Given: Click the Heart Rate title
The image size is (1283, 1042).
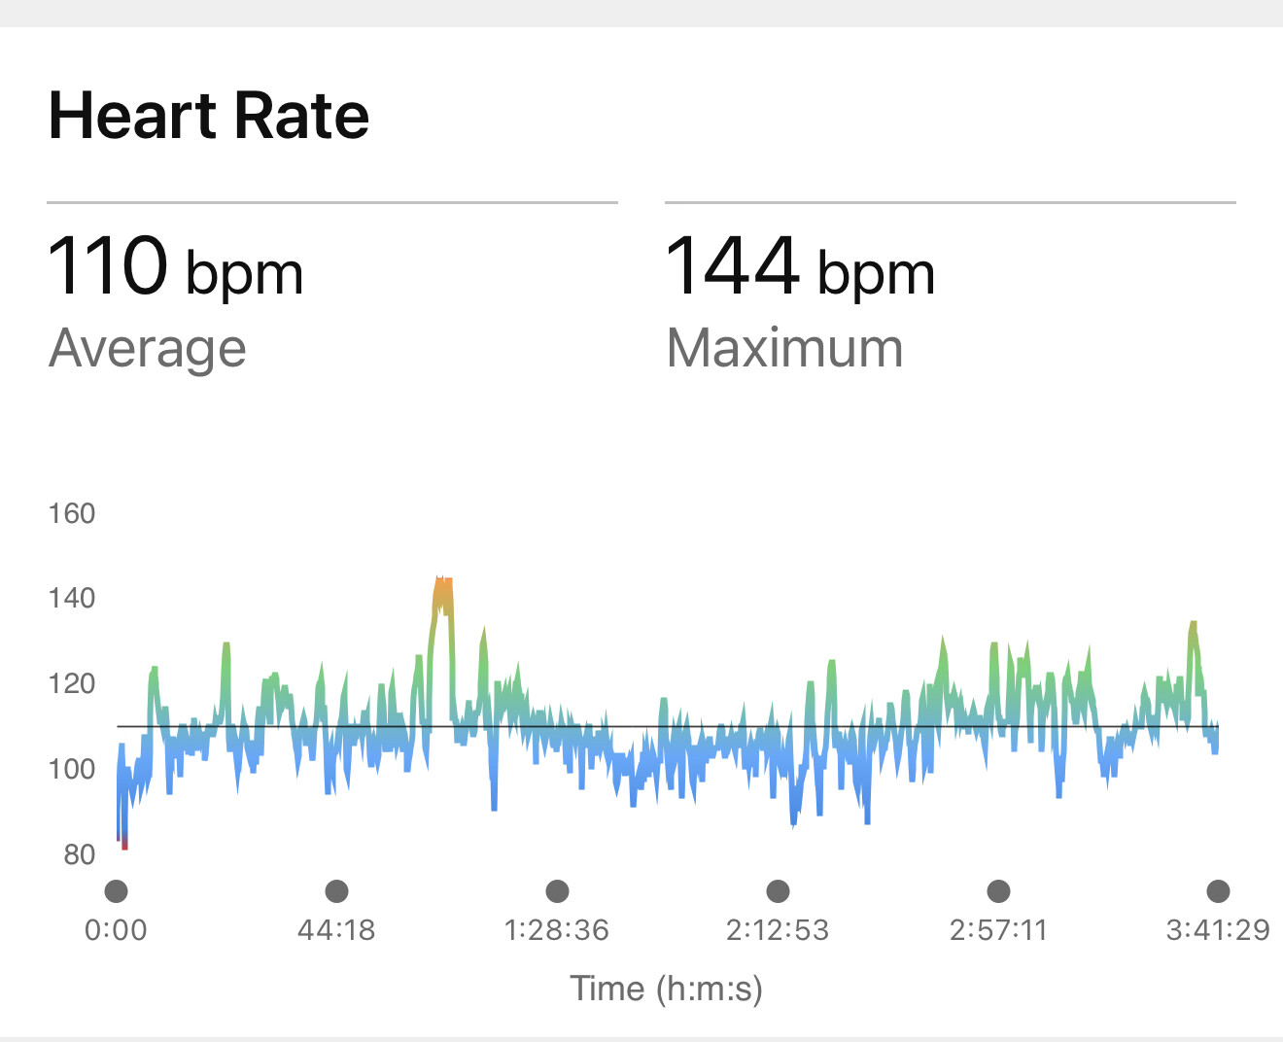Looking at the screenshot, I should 209,116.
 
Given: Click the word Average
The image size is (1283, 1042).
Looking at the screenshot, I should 147,348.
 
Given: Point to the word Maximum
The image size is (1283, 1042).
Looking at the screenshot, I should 784,348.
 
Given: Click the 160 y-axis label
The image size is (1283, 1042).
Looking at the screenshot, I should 72,513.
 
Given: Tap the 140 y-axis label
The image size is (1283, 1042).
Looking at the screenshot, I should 72,598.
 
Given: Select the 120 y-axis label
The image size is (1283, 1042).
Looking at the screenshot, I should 72,683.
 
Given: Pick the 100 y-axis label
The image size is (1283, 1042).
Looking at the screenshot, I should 72,769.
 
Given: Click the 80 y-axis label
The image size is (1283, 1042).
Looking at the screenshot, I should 79,854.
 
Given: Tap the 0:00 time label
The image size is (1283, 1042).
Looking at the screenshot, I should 116,930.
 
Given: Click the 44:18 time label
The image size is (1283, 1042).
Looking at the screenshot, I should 336,930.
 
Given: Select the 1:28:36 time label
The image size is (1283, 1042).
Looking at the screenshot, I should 557,930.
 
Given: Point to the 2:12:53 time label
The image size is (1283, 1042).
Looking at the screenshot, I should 778,930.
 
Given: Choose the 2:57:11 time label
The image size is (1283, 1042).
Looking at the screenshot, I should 998,930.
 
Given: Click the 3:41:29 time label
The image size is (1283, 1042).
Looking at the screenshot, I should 1218,930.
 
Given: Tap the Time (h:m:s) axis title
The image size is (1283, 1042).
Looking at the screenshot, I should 667,989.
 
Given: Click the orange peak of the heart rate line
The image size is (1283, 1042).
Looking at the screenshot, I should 443,589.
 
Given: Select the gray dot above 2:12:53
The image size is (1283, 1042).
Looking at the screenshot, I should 778,890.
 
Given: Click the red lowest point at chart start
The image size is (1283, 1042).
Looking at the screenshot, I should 124,844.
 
